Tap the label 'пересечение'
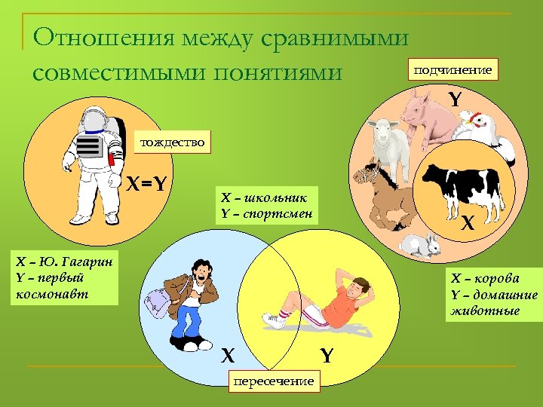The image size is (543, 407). pos(273,381)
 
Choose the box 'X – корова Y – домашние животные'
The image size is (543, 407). pos(494,294)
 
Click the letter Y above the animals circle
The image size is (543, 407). pos(455,99)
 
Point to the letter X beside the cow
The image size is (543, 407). pos(468,223)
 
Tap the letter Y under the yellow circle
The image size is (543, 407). pos(326,354)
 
